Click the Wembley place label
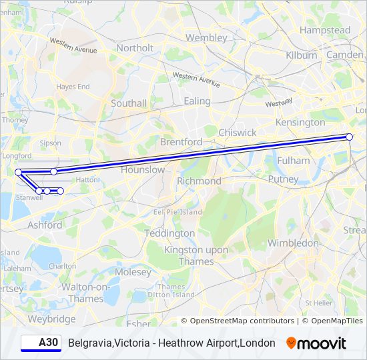pos(206,38)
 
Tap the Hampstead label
pos(325,31)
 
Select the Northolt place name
pos(135,48)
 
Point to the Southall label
pos(129,103)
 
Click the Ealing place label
pos(197,101)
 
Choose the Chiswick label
pos(237,133)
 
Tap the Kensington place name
pos(302,123)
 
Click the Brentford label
pos(181,142)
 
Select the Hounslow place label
pos(143,170)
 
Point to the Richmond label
pos(199,181)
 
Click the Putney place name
pos(283,179)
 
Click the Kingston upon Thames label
pos(198,255)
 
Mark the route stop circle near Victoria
pos(349,137)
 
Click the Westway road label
pos(278,103)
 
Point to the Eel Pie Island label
pos(178,212)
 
